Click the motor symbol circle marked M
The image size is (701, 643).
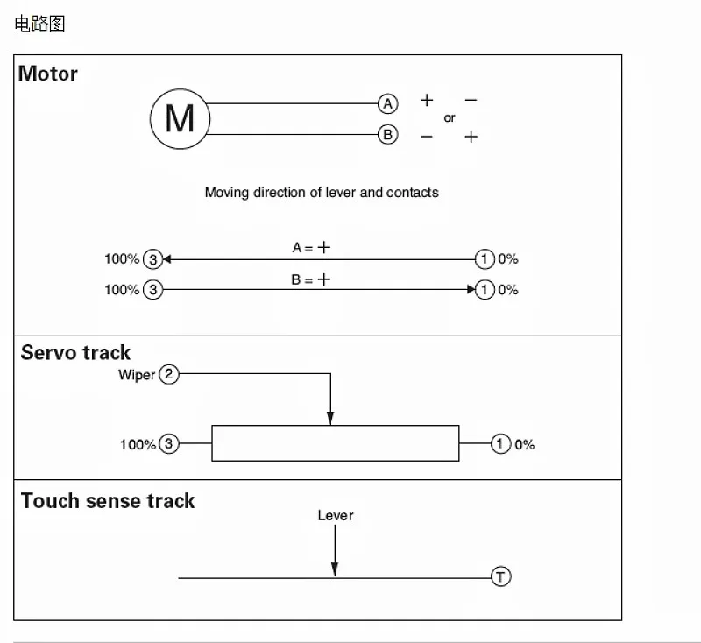pos(180,118)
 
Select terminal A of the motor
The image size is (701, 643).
pos(387,103)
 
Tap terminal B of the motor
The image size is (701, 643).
pos(387,135)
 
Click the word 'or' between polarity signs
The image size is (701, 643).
pos(450,118)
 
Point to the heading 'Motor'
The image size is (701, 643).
pos(48,74)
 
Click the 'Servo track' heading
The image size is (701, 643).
pos(75,353)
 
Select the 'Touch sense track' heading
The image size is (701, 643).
pos(107,501)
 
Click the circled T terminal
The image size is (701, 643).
pos(500,576)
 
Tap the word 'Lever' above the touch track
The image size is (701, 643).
pos(336,515)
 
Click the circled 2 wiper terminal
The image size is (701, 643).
pos(169,375)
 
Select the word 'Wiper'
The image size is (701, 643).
pos(137,375)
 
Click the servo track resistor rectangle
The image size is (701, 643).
pos(335,443)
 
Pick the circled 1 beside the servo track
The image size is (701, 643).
pos(500,444)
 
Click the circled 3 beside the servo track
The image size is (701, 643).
pos(169,444)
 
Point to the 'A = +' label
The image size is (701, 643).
pos(311,248)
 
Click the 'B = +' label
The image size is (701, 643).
pos(311,280)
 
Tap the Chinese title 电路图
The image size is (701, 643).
pos(39,24)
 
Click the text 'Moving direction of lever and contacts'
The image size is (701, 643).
pos(322,192)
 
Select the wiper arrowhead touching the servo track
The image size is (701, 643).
pos(330,418)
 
